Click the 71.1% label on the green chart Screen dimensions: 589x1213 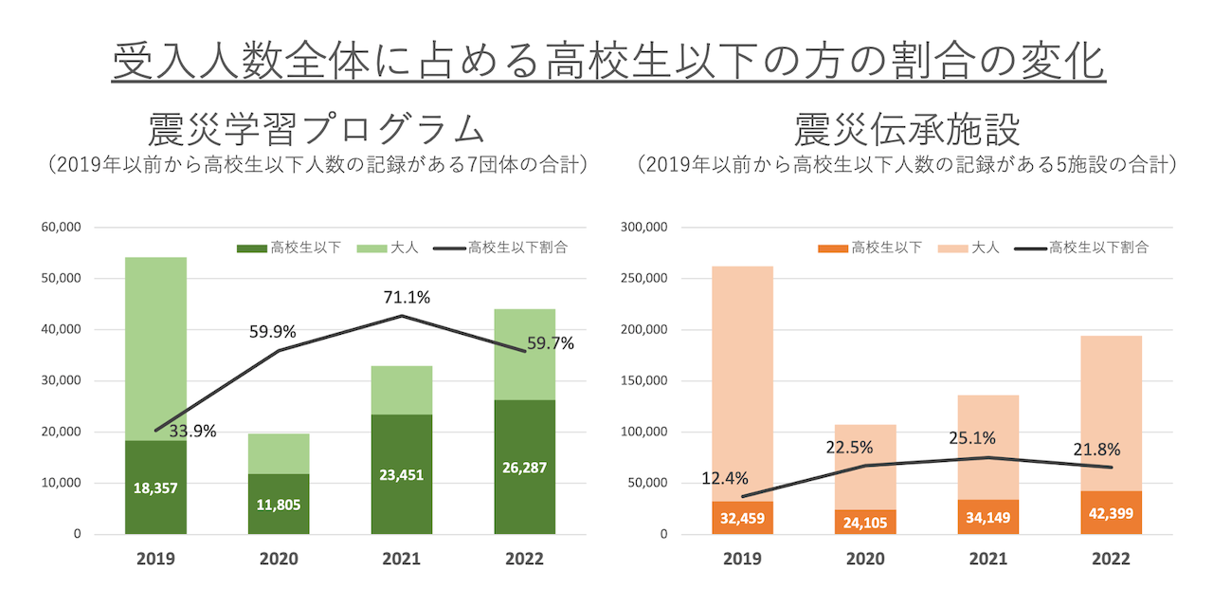407,298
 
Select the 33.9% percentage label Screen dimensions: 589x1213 193,431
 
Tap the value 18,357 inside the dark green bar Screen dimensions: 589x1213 155,488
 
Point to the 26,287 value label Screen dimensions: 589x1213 525,468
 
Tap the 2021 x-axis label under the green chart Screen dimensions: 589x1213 402,559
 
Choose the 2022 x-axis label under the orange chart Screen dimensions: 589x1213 1112,559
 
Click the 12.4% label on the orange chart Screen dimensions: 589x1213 725,478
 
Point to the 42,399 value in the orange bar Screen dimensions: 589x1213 1112,514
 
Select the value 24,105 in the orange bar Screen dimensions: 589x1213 865,521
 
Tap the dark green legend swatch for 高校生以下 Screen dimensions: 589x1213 252,248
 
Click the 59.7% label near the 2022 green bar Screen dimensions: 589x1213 551,343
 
